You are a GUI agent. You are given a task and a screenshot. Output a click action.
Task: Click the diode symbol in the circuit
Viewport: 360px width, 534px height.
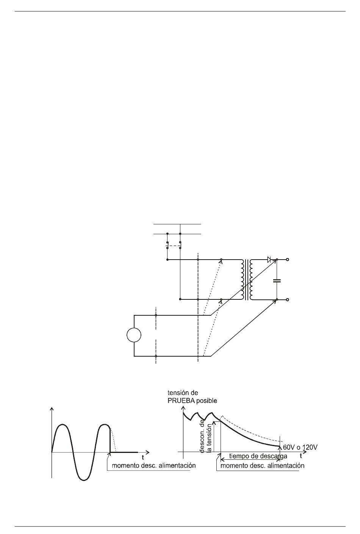point(269,259)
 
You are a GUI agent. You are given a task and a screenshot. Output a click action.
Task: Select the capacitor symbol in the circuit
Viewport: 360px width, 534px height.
point(277,280)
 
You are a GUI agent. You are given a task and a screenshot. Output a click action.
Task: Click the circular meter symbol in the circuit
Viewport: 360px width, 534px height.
point(134,335)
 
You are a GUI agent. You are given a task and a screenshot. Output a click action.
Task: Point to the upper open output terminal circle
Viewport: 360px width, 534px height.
point(288,259)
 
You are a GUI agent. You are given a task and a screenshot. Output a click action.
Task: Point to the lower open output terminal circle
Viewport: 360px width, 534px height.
point(288,299)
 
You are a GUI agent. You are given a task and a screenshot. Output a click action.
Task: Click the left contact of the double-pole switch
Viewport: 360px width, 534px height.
point(167,245)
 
